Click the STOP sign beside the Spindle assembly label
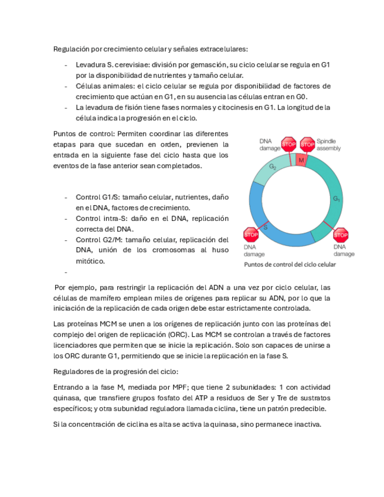pos(307,144)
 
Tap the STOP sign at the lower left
pos(251,235)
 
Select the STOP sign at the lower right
pos(341,235)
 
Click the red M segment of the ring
pos(300,160)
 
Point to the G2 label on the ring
pos(273,167)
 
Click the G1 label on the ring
pos(337,199)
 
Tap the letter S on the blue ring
pos(265,226)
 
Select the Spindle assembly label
pos(329,145)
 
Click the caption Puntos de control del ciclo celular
pos(290,264)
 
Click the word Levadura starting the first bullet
pos(91,64)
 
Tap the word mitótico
pos(90,261)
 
